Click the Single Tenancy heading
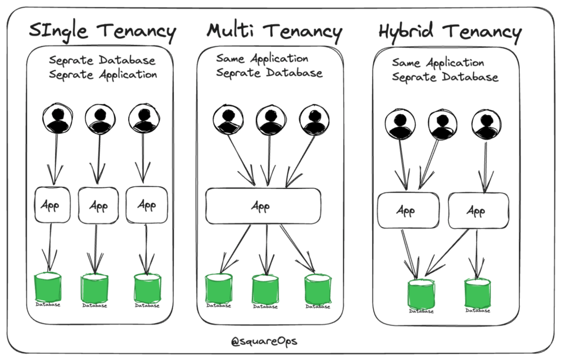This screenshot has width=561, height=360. tap(102, 31)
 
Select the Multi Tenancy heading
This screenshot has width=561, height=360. tap(274, 31)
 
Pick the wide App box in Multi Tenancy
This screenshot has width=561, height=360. tap(263, 206)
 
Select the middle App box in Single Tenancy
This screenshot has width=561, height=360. tap(98, 205)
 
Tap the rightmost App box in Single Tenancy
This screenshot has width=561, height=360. tap(146, 204)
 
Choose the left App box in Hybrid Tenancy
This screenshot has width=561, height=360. tap(408, 210)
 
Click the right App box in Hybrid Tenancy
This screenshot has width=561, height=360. tap(478, 210)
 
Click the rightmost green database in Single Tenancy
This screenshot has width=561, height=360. tap(147, 288)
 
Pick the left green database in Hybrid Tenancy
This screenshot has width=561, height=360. tap(421, 293)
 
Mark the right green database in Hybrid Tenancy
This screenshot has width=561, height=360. tap(477, 293)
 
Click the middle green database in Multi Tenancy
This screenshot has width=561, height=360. tap(266, 289)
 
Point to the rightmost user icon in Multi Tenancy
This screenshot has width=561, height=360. tap(314, 119)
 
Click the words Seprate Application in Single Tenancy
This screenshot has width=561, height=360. tap(103, 75)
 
